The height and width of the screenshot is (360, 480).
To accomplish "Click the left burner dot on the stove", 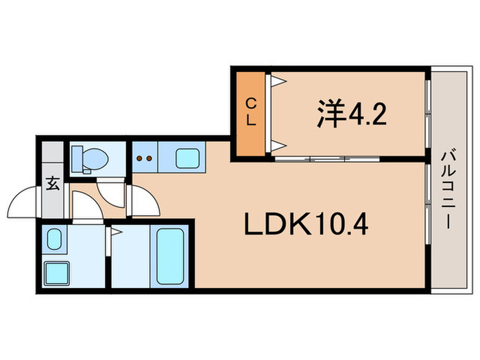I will [140, 158].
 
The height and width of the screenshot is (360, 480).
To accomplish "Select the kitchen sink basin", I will [187, 158].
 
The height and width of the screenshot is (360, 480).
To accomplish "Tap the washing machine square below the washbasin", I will [56, 274].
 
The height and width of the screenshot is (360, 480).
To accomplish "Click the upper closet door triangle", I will [278, 82].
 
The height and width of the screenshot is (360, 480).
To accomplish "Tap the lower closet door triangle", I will [278, 144].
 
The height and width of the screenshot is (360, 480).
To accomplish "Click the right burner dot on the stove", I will [149, 158].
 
